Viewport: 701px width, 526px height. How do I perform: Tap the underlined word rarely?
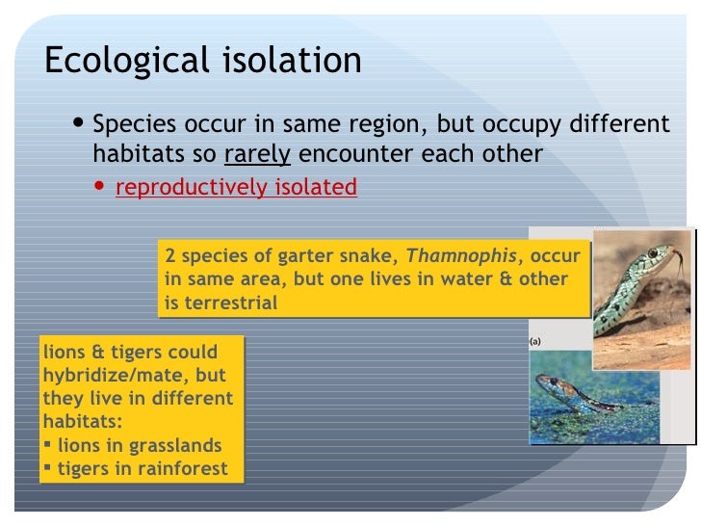click(x=257, y=154)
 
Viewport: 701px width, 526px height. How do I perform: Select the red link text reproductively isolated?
click(x=236, y=187)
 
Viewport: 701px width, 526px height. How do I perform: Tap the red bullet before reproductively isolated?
click(x=102, y=187)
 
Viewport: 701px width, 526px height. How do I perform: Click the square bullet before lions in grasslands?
click(x=48, y=446)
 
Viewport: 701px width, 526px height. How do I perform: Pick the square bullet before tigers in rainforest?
click(x=48, y=469)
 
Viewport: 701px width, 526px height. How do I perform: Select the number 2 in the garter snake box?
click(x=170, y=257)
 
